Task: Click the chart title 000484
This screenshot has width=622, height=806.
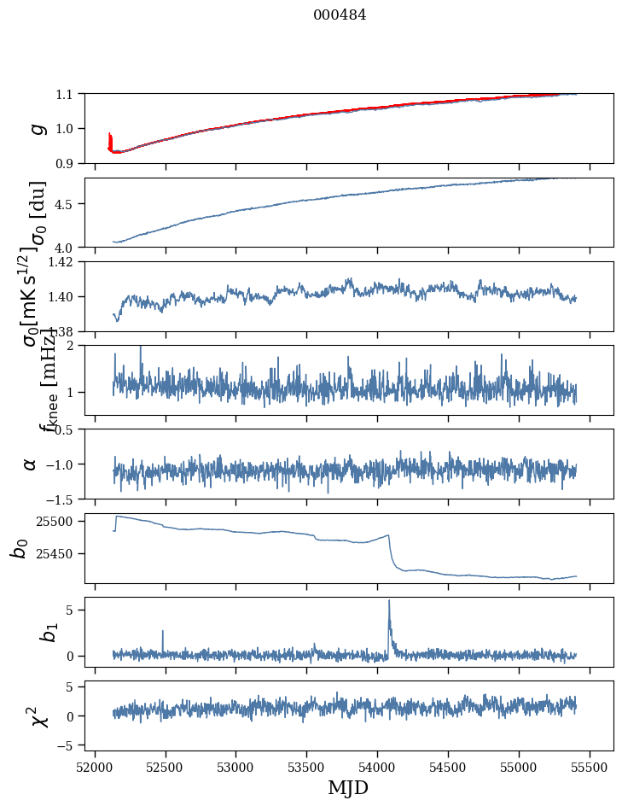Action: (340, 15)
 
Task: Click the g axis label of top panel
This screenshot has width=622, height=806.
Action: (36, 128)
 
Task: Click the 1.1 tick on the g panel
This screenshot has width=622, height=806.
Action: (65, 94)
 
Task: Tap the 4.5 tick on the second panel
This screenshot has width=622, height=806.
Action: (65, 204)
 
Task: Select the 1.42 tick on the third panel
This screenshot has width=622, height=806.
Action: (61, 262)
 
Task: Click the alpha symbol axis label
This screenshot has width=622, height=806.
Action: (31, 464)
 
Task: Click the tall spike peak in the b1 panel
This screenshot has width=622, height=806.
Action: (389, 600)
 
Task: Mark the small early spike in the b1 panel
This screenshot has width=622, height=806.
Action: (162, 632)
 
